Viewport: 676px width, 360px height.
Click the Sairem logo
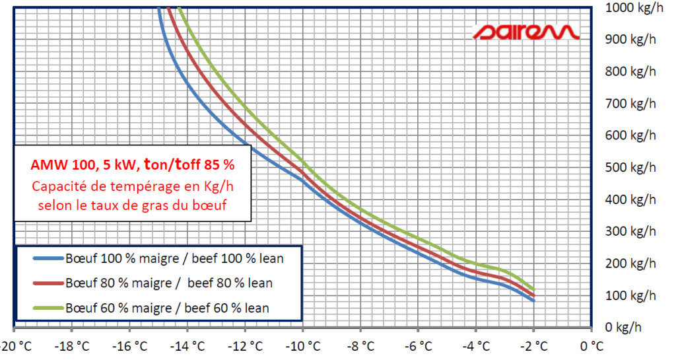[x=526, y=31]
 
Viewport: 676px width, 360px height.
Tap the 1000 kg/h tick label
[x=631, y=9]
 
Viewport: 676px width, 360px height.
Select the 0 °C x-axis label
[x=591, y=345]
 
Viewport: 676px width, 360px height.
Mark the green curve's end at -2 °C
[x=533, y=289]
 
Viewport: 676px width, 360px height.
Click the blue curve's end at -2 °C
[x=533, y=300]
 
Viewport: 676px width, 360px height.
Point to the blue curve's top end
[x=159, y=9]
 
